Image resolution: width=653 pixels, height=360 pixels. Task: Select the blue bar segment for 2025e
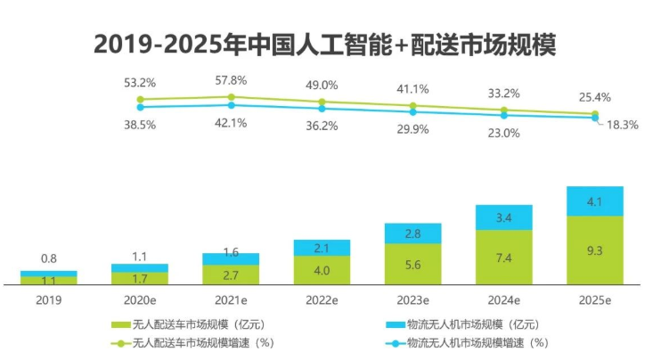[x=595, y=201]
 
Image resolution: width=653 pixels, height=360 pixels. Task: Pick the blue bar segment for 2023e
[x=412, y=233]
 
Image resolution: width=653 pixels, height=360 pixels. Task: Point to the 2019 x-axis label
[x=48, y=299]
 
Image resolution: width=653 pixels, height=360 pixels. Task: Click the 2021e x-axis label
[x=231, y=299]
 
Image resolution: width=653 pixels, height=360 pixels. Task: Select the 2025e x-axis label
[x=595, y=299]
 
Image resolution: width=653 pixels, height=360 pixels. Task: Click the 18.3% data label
[x=622, y=125]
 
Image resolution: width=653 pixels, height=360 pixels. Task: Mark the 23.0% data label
[x=504, y=133]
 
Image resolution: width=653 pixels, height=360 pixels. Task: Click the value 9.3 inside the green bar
[x=595, y=252]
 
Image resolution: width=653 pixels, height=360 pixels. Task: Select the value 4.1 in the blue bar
[x=595, y=201]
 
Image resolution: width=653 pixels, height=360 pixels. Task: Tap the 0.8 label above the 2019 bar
[x=48, y=259]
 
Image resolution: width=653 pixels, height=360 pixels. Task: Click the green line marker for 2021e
[x=231, y=96]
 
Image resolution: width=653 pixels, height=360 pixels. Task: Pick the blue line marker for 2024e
[x=504, y=115]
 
